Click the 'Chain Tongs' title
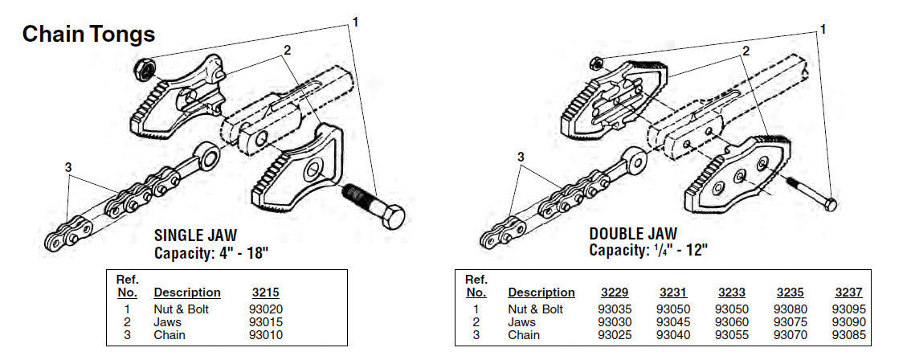pos(88,35)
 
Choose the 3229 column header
pos(615,293)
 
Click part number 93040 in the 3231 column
pos(673,334)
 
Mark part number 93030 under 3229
pos(615,321)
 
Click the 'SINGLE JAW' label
pos(195,236)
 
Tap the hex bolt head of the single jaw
pos(391,216)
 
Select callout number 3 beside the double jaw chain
pos(521,157)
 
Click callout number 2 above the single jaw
pos(286,49)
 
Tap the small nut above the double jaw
pos(596,63)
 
